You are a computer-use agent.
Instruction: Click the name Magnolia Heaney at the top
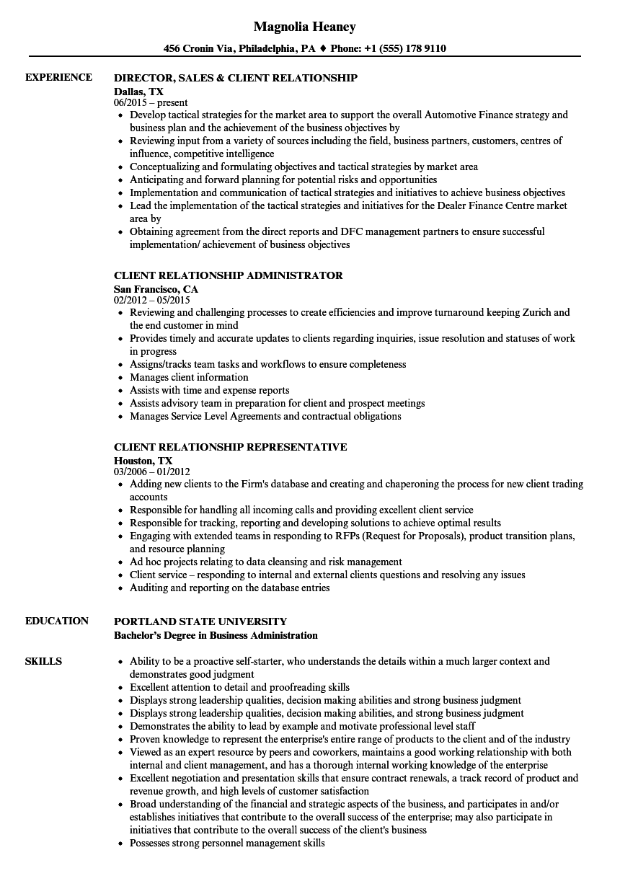tap(305, 27)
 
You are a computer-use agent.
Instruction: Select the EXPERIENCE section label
tap(58, 77)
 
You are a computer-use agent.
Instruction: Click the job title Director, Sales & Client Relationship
tap(236, 77)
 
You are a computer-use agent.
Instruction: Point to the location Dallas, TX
tap(138, 91)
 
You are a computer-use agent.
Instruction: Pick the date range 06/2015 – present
tap(151, 103)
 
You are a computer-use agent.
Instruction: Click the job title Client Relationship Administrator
tap(228, 275)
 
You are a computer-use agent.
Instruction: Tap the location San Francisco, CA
tap(156, 289)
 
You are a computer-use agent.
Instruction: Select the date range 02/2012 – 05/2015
tap(151, 300)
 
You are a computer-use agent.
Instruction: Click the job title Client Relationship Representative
tap(230, 447)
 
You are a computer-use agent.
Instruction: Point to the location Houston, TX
tap(143, 460)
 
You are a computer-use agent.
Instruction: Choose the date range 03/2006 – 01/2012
tap(151, 472)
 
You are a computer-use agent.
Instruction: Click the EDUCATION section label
tap(57, 621)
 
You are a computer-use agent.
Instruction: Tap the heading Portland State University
tap(200, 621)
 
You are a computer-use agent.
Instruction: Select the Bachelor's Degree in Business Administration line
tap(216, 635)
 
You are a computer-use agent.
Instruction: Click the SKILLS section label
tap(43, 661)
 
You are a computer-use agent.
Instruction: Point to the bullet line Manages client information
tap(189, 377)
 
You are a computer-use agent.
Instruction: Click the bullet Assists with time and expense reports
tap(209, 390)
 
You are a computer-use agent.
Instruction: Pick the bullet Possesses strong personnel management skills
tap(227, 843)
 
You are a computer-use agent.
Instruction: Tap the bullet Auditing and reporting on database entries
tap(229, 588)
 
